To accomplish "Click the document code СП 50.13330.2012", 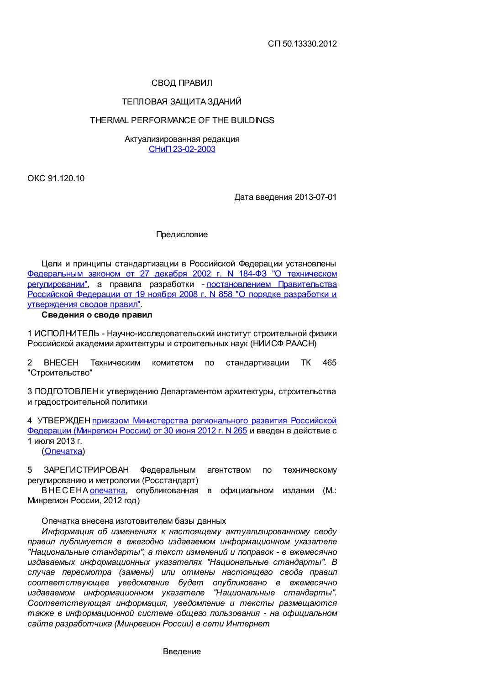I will [x=302, y=44].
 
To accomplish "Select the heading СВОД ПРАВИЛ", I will [x=182, y=83].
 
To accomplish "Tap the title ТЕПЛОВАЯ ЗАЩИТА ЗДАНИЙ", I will [x=182, y=102].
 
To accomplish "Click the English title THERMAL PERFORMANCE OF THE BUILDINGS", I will [x=182, y=120].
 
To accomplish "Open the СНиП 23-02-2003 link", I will [x=182, y=149].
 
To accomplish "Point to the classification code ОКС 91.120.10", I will [x=56, y=178].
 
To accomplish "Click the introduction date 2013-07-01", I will [x=315, y=197].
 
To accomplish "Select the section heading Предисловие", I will [x=182, y=235].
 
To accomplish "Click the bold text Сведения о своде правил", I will [x=97, y=315].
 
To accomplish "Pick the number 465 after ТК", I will [x=329, y=363].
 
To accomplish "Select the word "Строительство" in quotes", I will [x=60, y=373].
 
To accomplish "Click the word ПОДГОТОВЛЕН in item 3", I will [x=66, y=391].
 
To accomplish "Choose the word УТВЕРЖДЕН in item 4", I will [x=63, y=421].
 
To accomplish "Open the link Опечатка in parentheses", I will [x=63, y=451].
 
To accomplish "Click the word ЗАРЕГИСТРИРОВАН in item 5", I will [x=86, y=470].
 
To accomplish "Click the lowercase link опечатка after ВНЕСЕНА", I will [x=108, y=490].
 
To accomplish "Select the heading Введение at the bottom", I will [x=182, y=652].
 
